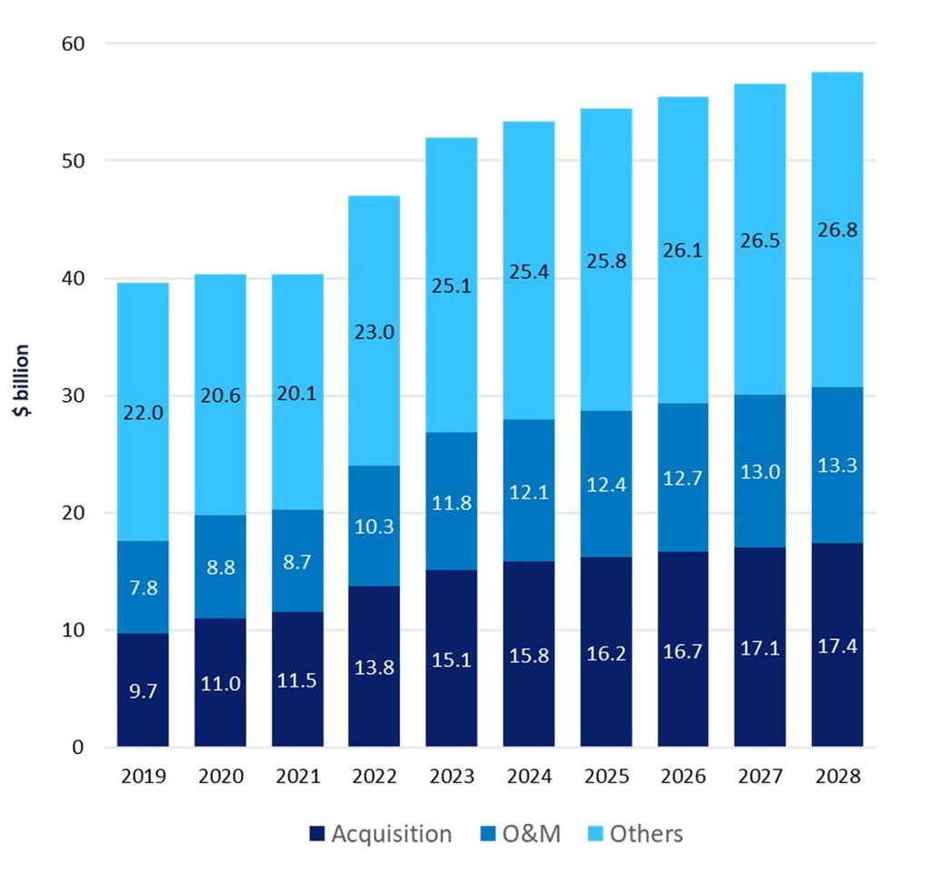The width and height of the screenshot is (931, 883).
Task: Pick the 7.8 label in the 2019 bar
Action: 143,587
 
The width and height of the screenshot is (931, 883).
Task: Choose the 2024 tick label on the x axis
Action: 529,777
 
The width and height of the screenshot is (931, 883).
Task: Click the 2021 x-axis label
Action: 297,777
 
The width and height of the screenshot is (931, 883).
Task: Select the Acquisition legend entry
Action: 381,834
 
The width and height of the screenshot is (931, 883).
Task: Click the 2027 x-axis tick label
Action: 760,777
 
